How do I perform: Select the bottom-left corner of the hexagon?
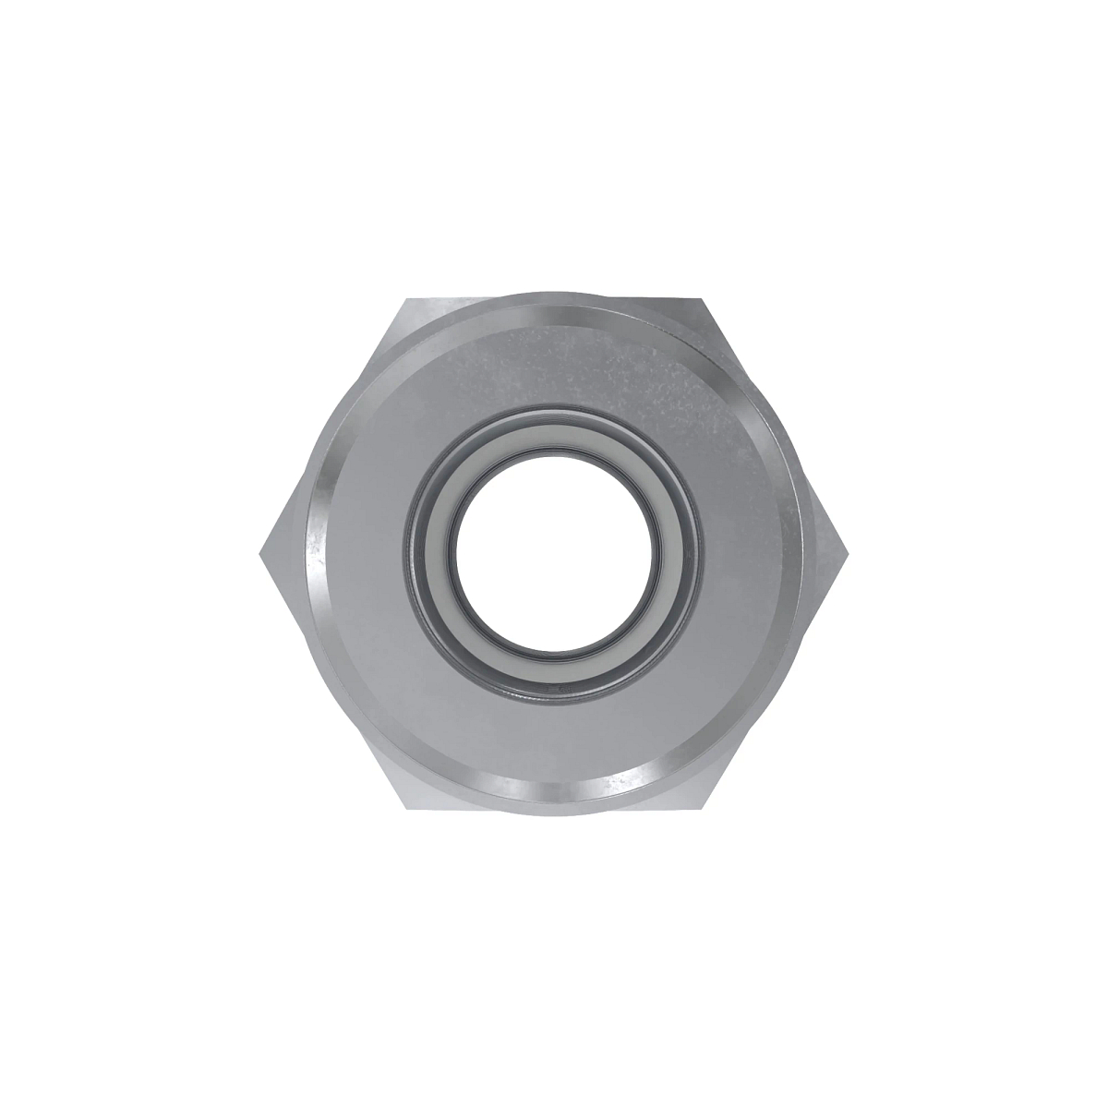(x=407, y=809)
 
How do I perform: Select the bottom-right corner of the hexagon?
(x=702, y=809)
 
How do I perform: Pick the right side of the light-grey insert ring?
(x=670, y=555)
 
